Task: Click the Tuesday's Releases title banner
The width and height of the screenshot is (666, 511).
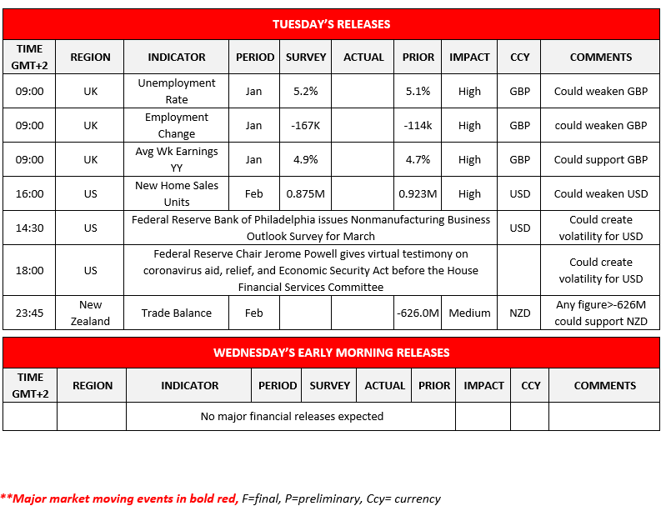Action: click(x=331, y=24)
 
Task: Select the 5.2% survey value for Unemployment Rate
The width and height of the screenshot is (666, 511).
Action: click(x=306, y=92)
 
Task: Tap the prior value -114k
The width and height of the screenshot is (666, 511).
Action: click(x=418, y=126)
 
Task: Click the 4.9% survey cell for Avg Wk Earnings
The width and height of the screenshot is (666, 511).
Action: click(x=306, y=160)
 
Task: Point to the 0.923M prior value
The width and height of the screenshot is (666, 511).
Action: click(x=418, y=194)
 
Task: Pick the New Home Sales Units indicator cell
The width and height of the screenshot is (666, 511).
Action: click(x=176, y=194)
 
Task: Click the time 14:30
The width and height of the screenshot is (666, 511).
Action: click(x=29, y=228)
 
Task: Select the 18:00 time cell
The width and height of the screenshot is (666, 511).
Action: click(x=29, y=270)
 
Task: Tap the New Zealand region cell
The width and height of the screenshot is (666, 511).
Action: click(x=90, y=313)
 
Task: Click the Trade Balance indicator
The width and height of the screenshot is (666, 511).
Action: click(x=176, y=313)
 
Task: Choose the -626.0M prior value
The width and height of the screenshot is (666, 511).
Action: click(x=418, y=313)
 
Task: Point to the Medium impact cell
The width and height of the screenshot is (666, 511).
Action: click(x=469, y=313)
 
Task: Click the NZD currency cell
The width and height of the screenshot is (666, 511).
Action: click(x=519, y=313)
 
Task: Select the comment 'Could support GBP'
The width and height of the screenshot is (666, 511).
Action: click(x=600, y=160)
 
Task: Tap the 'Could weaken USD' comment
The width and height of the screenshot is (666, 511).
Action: click(x=600, y=194)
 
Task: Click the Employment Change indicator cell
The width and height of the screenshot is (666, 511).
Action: click(x=176, y=126)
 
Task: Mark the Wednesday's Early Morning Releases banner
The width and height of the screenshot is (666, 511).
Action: click(x=331, y=353)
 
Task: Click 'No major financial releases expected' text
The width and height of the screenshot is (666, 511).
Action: click(x=292, y=416)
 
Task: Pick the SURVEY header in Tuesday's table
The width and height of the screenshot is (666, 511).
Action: click(x=306, y=58)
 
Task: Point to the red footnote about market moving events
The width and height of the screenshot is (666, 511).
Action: click(x=220, y=498)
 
